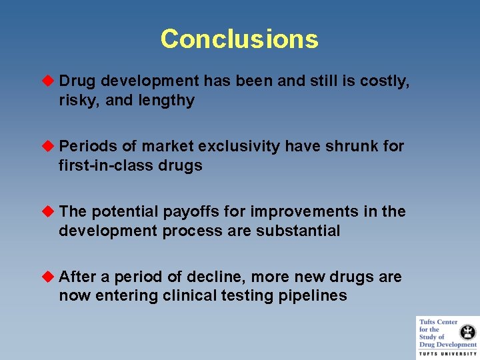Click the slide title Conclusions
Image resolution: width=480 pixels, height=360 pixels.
(239, 39)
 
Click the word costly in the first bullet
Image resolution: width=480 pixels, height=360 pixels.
(384, 81)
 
